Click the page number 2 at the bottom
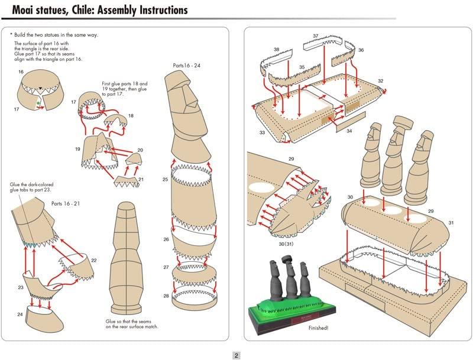pos(236,355)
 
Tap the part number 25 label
pos(166,179)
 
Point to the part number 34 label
pos(349,131)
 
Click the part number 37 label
pos(315,36)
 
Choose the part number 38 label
pos(276,49)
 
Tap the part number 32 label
pos(380,81)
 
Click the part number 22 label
pos(93,260)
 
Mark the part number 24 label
pos(20,314)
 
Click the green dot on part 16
pos(38,102)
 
